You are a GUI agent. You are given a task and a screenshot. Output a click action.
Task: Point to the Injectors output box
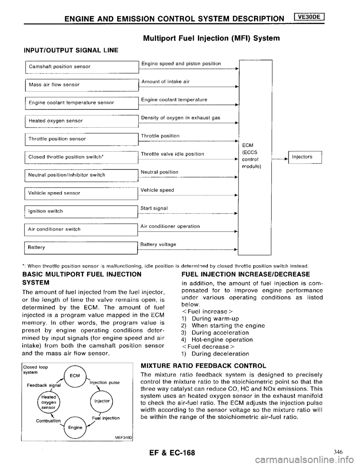(306, 157)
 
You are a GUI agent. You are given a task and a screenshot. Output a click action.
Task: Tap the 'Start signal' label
(154, 207)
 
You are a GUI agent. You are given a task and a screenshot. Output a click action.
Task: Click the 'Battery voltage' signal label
(159, 244)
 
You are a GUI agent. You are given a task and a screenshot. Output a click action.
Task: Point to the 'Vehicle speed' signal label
(157, 190)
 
